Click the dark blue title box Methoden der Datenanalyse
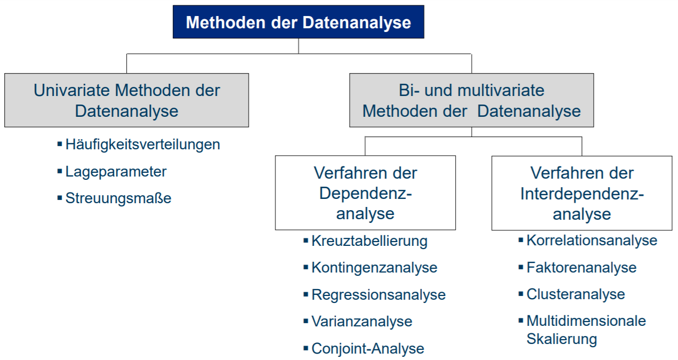[x=298, y=22]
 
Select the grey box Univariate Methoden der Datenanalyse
[x=126, y=100]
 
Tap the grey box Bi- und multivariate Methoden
[x=471, y=100]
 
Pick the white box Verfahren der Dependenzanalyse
[x=365, y=193]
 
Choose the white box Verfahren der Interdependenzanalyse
[x=582, y=193]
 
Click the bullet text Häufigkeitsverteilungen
[x=142, y=145]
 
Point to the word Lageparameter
[x=116, y=172]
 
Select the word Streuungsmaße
[x=118, y=199]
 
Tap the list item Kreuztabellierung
[x=369, y=241]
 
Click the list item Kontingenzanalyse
[x=374, y=268]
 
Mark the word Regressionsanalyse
[x=378, y=295]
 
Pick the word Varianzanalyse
[x=361, y=322]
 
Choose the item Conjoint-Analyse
[x=368, y=349]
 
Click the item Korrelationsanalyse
[x=592, y=241]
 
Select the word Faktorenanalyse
[x=581, y=267]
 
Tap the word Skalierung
[x=561, y=339]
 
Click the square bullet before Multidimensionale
[x=521, y=320]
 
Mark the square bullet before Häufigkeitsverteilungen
[x=60, y=144]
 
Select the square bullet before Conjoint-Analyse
[x=306, y=348]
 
